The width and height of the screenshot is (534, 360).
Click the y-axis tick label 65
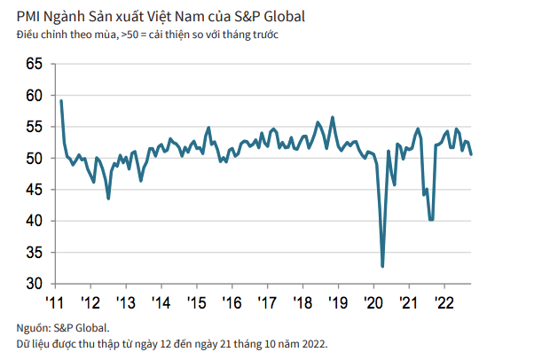35,64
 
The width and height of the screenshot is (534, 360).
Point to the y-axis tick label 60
35,96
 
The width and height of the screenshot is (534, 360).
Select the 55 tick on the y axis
35,127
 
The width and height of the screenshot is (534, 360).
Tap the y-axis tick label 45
35,190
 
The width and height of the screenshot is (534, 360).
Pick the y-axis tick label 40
35,221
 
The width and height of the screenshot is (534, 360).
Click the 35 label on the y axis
35,253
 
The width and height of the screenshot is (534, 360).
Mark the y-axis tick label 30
35,284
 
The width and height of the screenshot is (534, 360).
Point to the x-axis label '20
373,301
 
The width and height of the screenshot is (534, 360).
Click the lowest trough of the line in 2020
382,266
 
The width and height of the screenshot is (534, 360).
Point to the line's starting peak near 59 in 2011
60,100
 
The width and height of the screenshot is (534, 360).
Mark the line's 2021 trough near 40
431,220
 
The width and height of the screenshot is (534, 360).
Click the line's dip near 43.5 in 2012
108,199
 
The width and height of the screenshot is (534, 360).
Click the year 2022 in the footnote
312,342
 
